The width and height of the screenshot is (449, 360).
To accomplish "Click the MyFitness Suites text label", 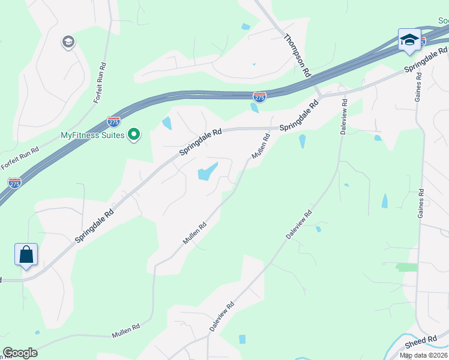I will click(x=92, y=135).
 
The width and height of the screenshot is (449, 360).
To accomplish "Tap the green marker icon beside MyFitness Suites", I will click(x=135, y=134).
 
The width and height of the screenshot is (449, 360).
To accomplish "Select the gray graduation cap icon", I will click(x=68, y=43).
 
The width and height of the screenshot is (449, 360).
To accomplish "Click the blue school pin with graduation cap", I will click(x=409, y=40).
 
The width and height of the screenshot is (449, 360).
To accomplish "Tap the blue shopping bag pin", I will click(x=26, y=254).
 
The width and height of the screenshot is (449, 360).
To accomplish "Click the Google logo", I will click(x=20, y=353).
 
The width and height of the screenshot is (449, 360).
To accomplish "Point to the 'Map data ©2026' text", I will click(x=424, y=355).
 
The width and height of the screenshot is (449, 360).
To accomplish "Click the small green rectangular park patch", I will click(x=406, y=267).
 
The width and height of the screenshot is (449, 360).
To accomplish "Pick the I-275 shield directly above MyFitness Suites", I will click(x=113, y=122).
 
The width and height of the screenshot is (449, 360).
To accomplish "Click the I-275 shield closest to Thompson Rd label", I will click(x=259, y=97).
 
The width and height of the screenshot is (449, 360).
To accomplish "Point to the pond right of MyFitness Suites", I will click(x=166, y=124).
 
